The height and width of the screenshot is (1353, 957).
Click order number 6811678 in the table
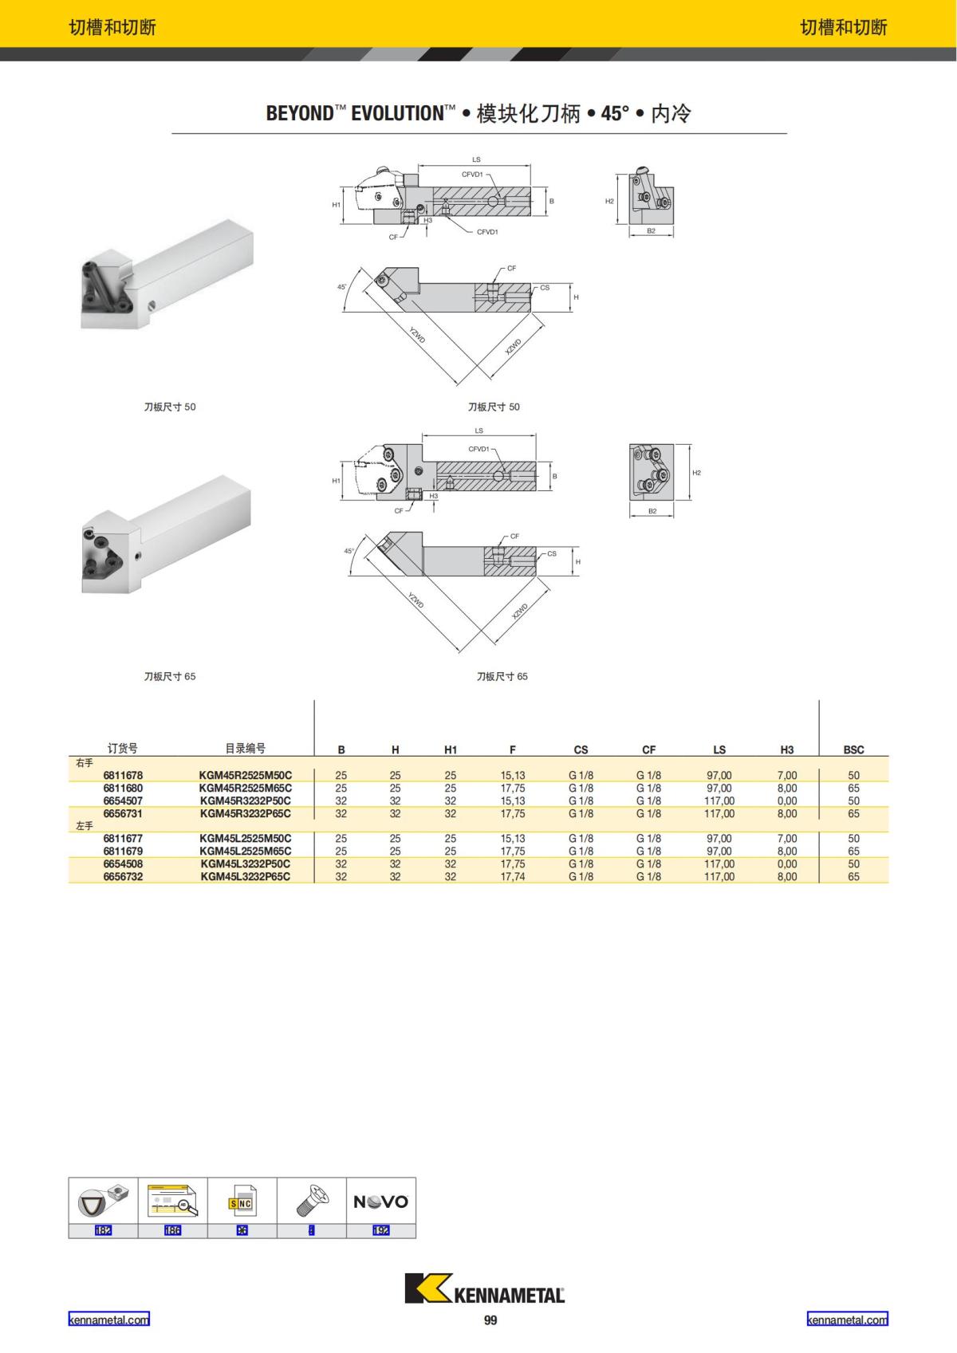123,775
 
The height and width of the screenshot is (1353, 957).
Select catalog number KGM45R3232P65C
246,814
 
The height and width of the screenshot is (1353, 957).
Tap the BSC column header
853,749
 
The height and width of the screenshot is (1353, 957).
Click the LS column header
719,749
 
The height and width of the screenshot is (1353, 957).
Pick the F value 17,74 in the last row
513,877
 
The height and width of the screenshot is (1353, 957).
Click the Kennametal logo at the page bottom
485,1288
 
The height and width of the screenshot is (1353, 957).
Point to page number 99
490,1320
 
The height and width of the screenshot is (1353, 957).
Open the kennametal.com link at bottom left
108,1320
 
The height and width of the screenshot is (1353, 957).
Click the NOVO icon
380,1202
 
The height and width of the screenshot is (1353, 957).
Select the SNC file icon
242,1202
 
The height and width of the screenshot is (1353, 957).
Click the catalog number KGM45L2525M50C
246,839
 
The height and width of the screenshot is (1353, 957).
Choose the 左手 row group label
85,826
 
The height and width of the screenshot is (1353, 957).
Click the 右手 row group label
85,763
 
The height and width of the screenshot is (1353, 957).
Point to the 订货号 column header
123,749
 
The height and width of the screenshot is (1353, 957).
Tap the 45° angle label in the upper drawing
342,286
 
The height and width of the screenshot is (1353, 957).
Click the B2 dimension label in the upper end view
652,231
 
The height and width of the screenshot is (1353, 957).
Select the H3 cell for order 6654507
786,801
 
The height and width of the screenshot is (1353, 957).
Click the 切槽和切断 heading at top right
844,27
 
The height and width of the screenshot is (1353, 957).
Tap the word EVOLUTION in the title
396,113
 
